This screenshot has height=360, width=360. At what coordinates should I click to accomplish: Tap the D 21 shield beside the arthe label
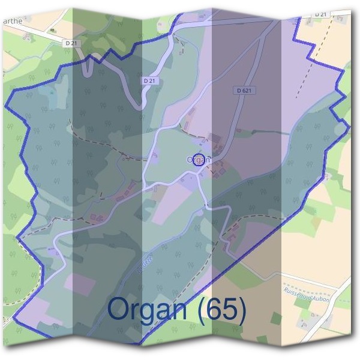coord(71,43)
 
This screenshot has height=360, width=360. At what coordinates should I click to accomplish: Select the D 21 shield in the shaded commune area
coord(151,80)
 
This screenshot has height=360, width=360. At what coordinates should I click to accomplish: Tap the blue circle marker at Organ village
coord(200,159)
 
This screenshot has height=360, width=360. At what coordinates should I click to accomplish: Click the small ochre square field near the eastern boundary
coord(328,176)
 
